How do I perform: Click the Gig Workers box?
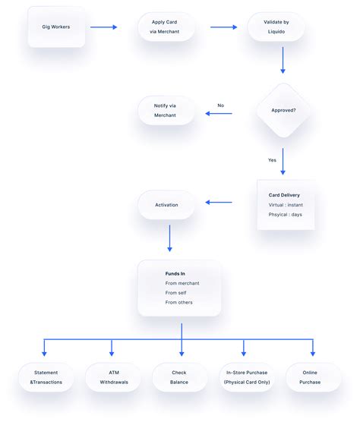(x=56, y=27)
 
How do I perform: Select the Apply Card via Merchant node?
(x=166, y=27)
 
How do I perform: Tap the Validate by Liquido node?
(x=276, y=27)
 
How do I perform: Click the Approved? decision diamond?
(x=283, y=110)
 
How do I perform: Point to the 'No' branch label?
(x=220, y=106)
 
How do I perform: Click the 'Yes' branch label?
(x=272, y=160)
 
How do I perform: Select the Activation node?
(x=166, y=205)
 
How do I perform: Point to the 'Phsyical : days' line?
(x=286, y=215)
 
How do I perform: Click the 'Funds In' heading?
(x=175, y=273)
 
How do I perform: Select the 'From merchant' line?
(x=182, y=283)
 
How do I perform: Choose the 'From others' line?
(x=179, y=302)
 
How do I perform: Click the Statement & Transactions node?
(x=46, y=377)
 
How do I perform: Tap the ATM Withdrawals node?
(x=112, y=377)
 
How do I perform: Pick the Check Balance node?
(x=180, y=377)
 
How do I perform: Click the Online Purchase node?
(x=311, y=377)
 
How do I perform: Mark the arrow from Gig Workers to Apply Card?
(x=103, y=27)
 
